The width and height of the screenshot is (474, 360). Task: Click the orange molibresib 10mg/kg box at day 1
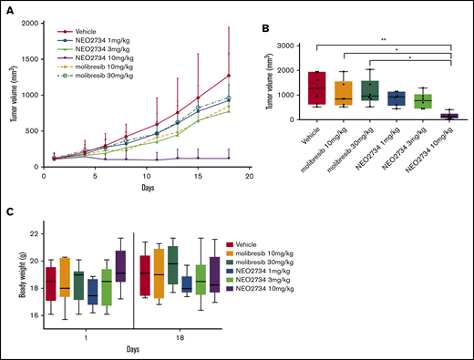pos(64,277)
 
